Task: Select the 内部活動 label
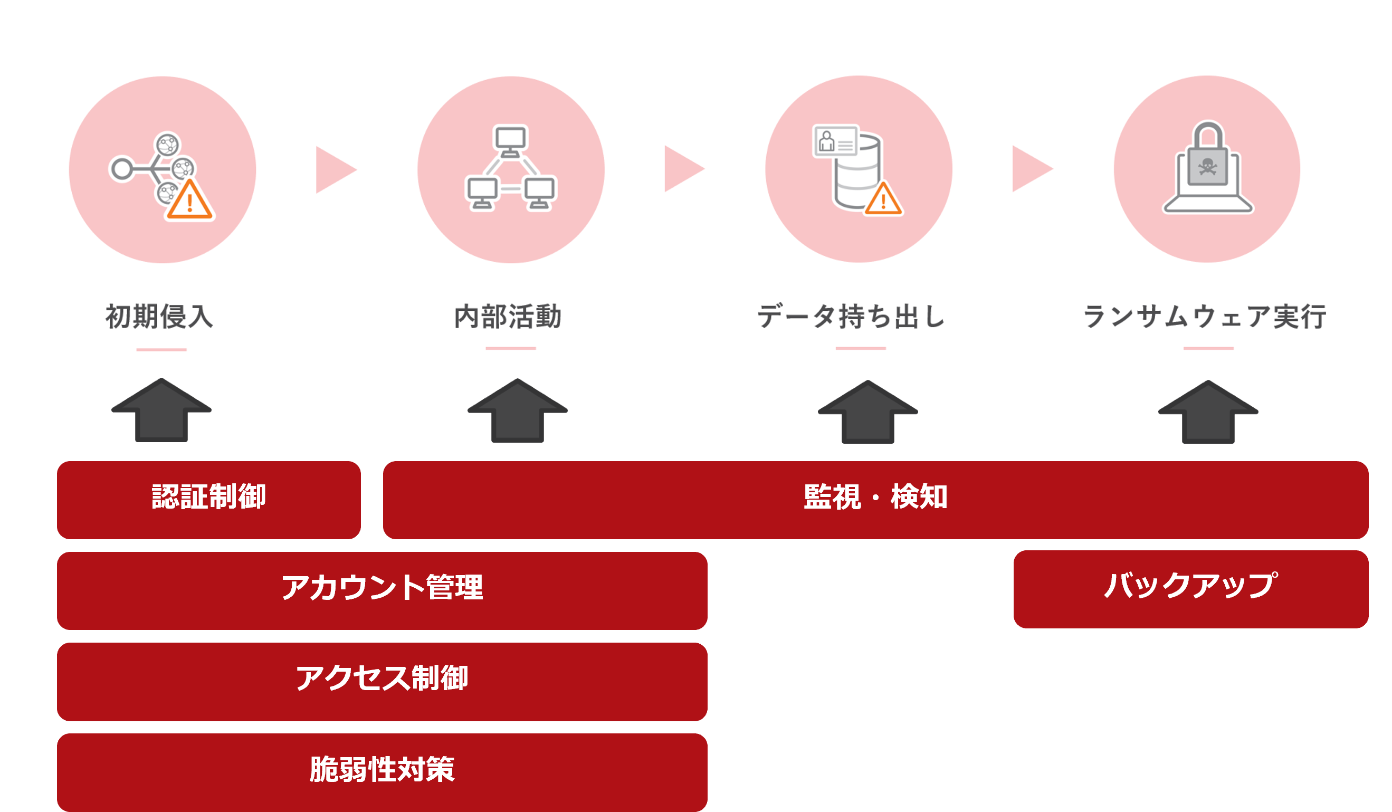pyautogui.click(x=508, y=317)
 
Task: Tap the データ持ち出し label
pyautogui.click(x=851, y=317)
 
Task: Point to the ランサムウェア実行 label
pyautogui.click(x=1205, y=317)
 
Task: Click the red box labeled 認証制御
pyautogui.click(x=209, y=499)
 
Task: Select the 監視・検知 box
pyautogui.click(x=875, y=499)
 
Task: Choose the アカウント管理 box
pyautogui.click(x=382, y=590)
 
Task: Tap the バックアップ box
pyautogui.click(x=1190, y=589)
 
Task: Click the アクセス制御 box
pyautogui.click(x=382, y=681)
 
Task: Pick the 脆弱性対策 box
pyautogui.click(x=382, y=772)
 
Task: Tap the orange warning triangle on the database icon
pyautogui.click(x=883, y=199)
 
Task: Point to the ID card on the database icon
pyautogui.click(x=835, y=141)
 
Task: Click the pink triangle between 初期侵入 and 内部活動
pyautogui.click(x=334, y=169)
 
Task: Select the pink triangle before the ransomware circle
pyautogui.click(x=1030, y=169)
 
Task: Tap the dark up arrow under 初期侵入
pyautogui.click(x=161, y=410)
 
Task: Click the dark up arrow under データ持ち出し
pyautogui.click(x=868, y=412)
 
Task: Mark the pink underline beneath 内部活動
pyautogui.click(x=510, y=348)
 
